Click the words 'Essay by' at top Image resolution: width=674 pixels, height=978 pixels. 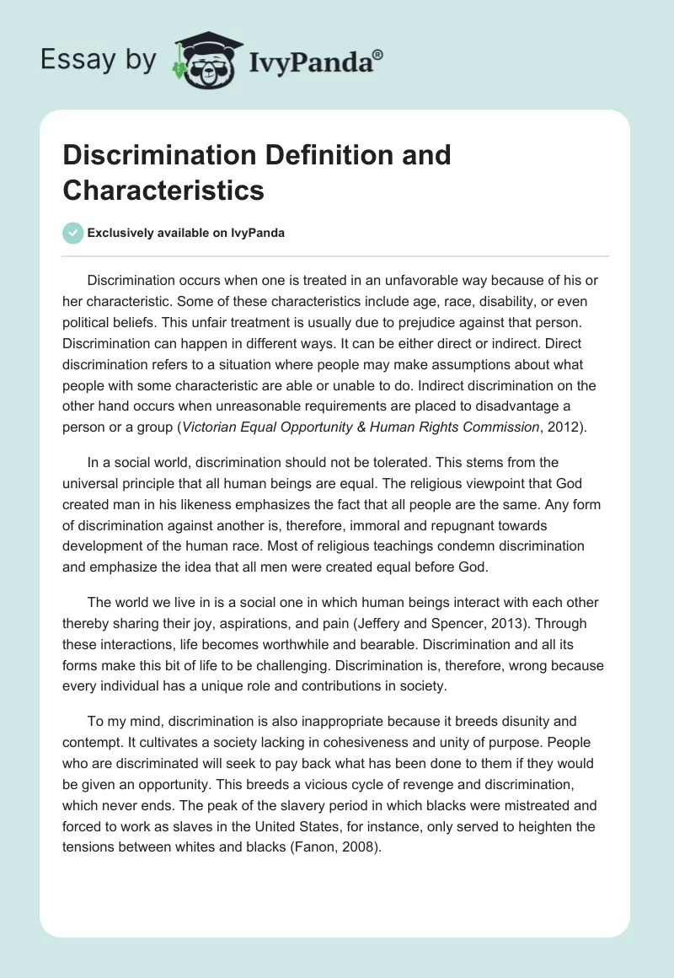point(99,60)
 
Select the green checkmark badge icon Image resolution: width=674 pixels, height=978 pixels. point(73,233)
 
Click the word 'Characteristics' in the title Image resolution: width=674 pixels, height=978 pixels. point(163,190)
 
